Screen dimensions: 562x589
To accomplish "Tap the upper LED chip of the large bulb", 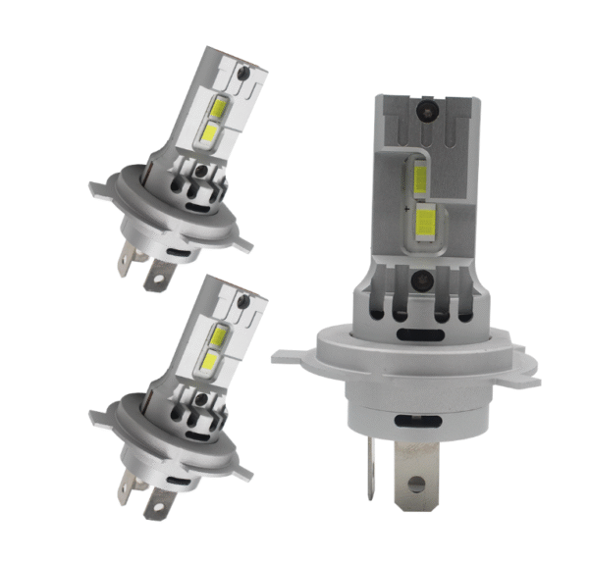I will click(420, 179).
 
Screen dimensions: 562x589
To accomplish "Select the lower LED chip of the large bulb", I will click(427, 220).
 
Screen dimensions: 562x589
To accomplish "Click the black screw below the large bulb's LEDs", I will click(424, 279).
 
